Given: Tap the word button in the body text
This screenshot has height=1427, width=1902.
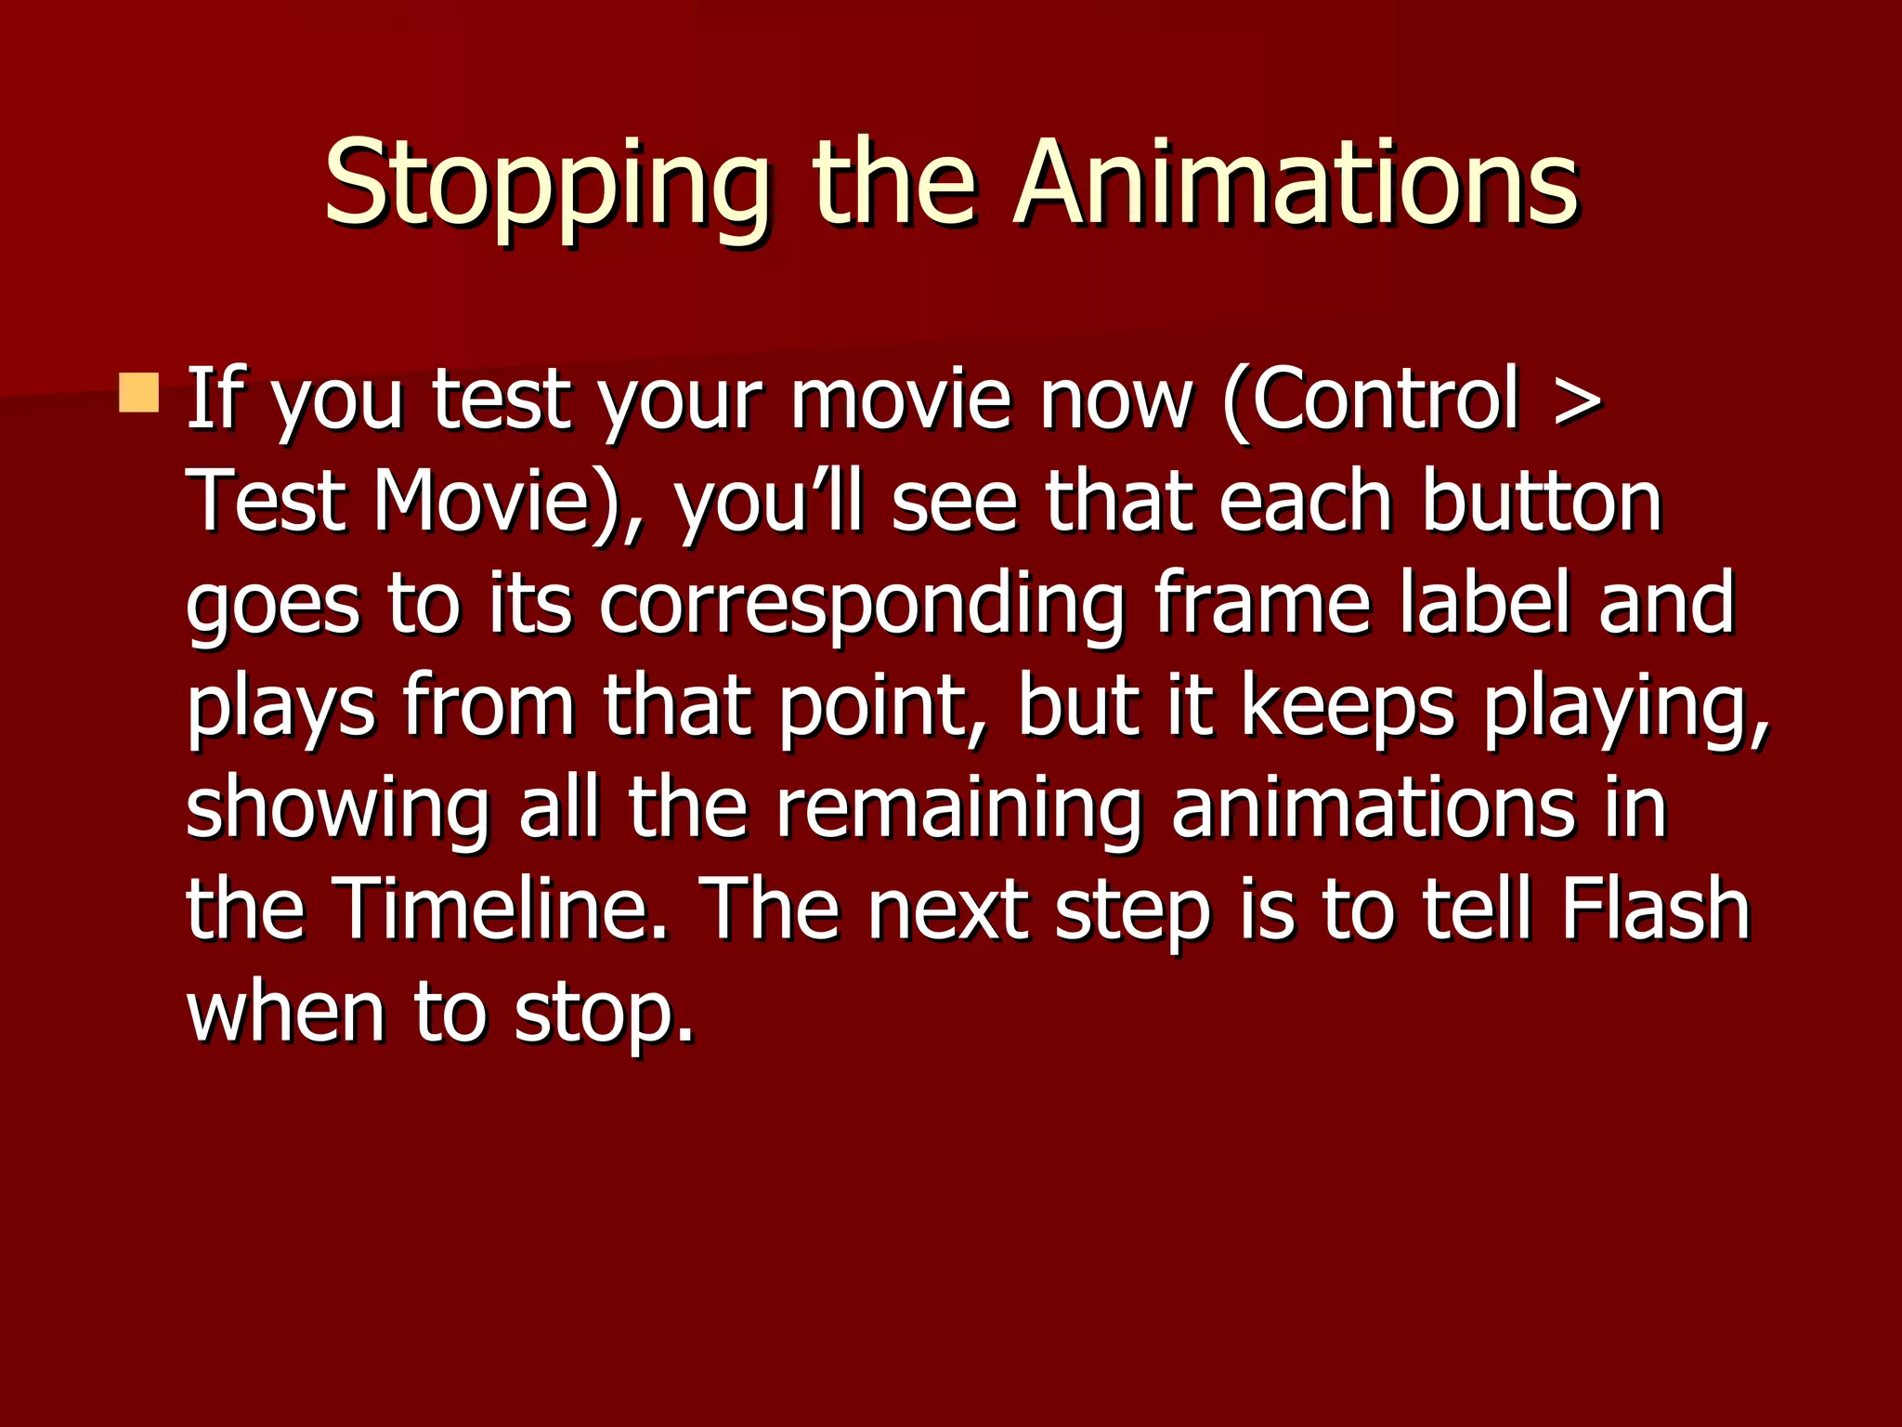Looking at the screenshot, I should tap(1542, 503).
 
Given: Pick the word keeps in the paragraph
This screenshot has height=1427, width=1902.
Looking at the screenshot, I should tap(1347, 708).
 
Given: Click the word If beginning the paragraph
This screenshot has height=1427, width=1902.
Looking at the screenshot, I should tap(217, 399).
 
